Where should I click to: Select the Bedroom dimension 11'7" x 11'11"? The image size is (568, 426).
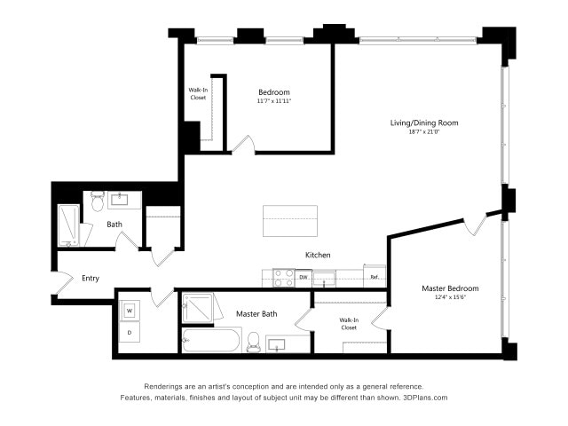click(274, 101)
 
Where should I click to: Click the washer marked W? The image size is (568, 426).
click(130, 311)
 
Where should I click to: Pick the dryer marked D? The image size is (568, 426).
click(130, 333)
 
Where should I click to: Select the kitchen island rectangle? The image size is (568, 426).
click(290, 220)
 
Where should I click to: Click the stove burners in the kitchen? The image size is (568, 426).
click(283, 278)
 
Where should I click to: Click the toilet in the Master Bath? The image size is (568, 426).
click(253, 342)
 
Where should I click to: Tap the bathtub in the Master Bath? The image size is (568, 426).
click(210, 340)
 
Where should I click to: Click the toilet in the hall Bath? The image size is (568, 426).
click(98, 204)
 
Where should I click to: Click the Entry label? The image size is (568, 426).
click(91, 278)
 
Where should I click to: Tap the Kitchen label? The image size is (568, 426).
click(318, 255)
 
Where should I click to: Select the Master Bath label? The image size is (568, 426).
click(258, 313)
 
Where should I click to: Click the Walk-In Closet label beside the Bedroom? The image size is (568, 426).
click(199, 93)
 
